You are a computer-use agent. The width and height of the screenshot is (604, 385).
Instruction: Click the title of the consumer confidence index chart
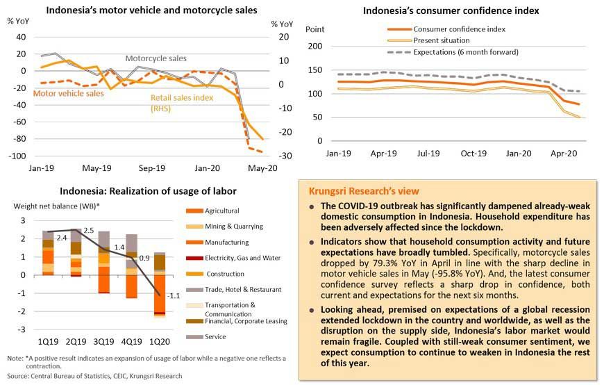pyautogui.click(x=451, y=10)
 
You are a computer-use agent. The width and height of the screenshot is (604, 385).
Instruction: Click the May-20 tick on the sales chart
pyautogui.click(x=263, y=168)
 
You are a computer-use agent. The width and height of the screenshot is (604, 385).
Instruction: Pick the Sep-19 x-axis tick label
pyautogui.click(x=152, y=168)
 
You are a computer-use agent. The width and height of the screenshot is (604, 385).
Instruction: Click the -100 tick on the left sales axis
pyautogui.click(x=16, y=156)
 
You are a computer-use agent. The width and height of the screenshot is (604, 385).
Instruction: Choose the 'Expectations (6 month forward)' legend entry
pyautogui.click(x=465, y=52)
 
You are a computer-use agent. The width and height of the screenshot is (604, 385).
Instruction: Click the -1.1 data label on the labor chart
pyautogui.click(x=173, y=295)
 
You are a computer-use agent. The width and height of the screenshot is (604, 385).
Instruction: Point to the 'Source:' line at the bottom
pyautogui.click(x=94, y=376)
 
